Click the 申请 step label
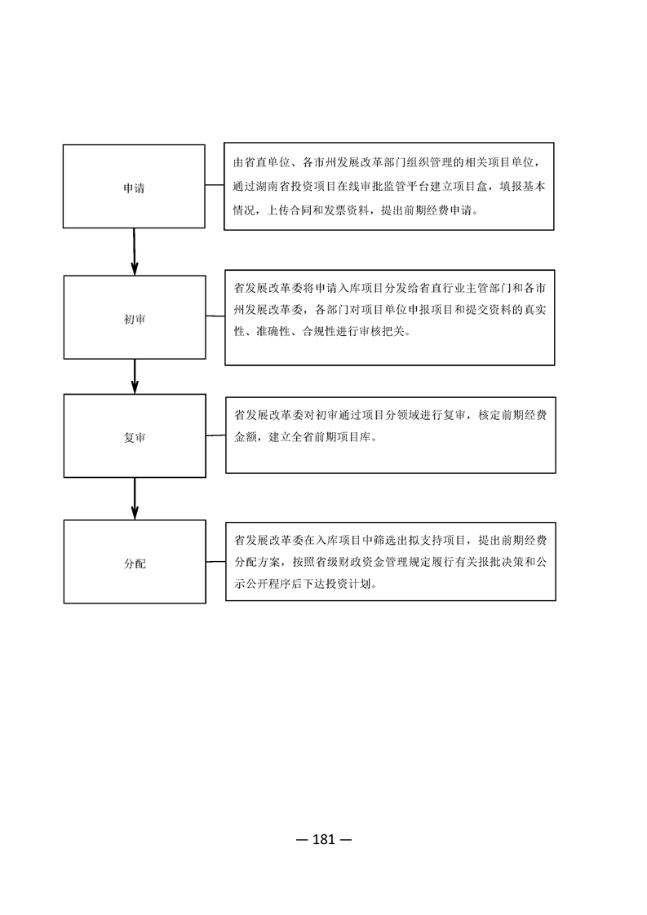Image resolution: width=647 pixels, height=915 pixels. (x=134, y=188)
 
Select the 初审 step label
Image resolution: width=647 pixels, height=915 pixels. (x=135, y=319)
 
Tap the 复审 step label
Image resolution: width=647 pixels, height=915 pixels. (x=135, y=438)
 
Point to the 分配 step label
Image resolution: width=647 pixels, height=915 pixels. (x=135, y=564)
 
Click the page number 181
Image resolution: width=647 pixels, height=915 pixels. (x=324, y=840)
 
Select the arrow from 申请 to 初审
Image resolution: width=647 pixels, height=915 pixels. (x=135, y=251)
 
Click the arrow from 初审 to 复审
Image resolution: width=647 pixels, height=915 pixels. (x=135, y=377)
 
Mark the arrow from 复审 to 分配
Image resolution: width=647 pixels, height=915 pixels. (x=135, y=498)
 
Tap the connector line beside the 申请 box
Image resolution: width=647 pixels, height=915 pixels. (x=215, y=186)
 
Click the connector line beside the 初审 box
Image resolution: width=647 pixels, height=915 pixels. (x=215, y=316)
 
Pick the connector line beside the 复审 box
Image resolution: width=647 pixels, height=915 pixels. (x=216, y=435)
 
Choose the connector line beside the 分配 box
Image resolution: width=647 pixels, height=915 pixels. (x=216, y=562)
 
